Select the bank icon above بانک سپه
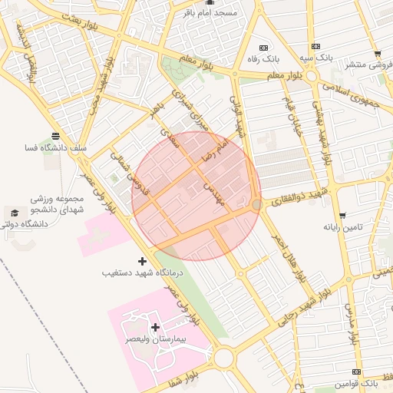coord(317,47)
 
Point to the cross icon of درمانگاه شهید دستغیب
coord(142,262)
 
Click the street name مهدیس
coord(213,193)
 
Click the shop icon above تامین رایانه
coord(342,216)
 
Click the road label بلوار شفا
coord(181,377)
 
